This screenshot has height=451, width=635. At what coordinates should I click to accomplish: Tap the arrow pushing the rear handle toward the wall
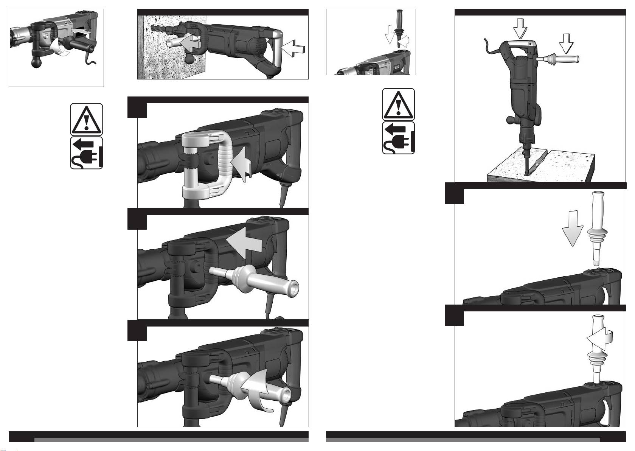[295, 48]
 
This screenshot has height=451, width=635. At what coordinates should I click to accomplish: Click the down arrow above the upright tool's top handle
[520, 29]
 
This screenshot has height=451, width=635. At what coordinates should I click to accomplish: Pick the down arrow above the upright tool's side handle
[566, 44]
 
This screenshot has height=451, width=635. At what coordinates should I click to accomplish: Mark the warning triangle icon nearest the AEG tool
[398, 104]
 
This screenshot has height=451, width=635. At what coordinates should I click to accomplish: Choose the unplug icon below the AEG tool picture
[398, 138]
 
